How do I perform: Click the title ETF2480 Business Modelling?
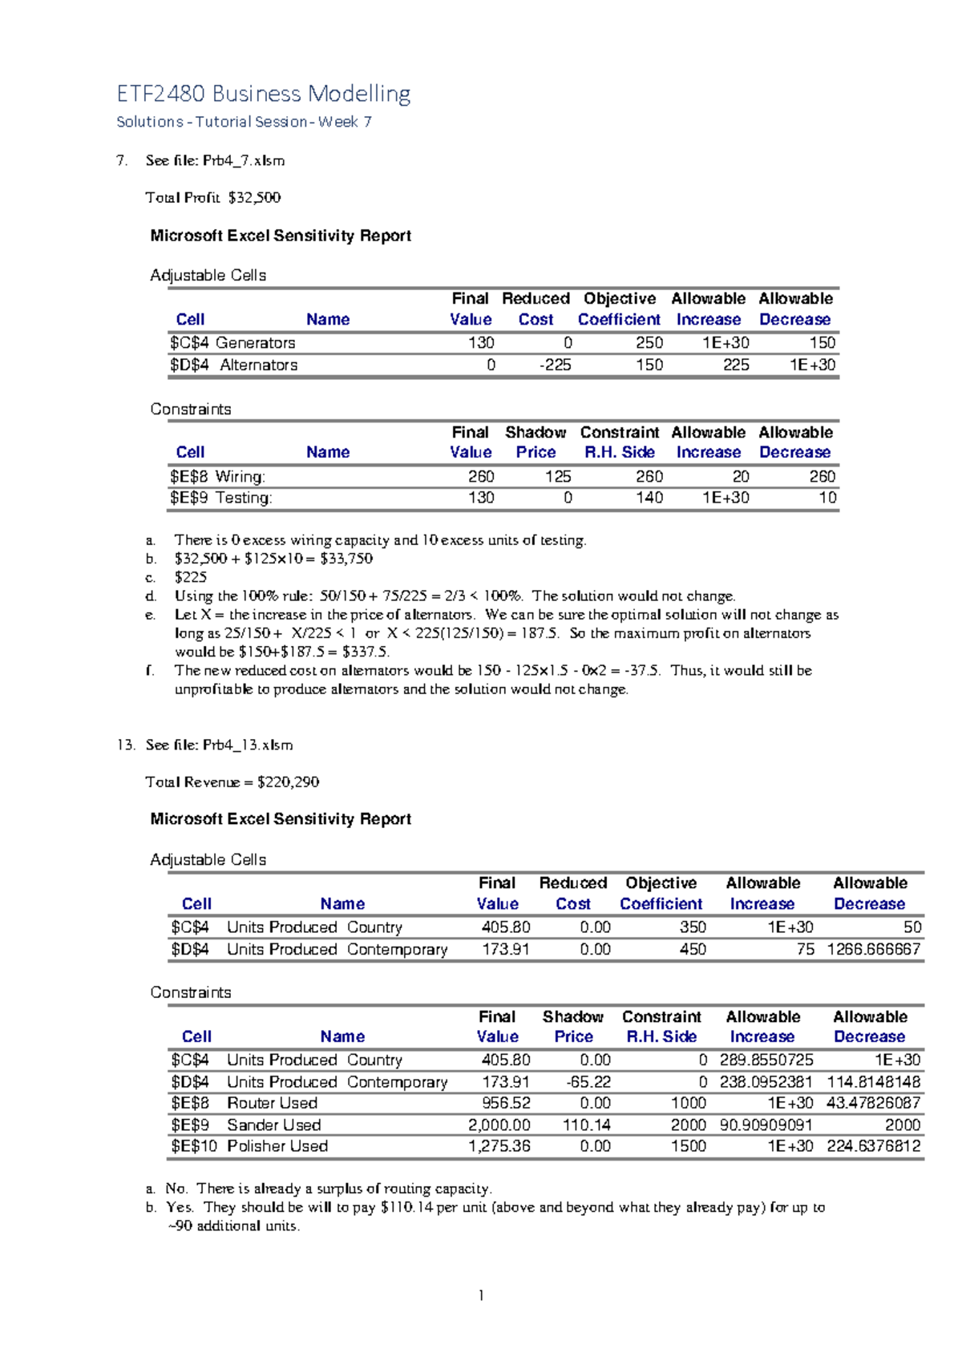point(264,94)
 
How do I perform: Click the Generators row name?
point(256,343)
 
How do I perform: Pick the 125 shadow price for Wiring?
point(558,476)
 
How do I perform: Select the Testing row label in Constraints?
point(244,498)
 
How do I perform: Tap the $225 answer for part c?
point(191,577)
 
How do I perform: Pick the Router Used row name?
point(272,1103)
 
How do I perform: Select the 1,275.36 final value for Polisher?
point(499,1146)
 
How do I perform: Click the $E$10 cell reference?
point(194,1146)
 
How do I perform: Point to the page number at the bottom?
point(481,1295)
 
